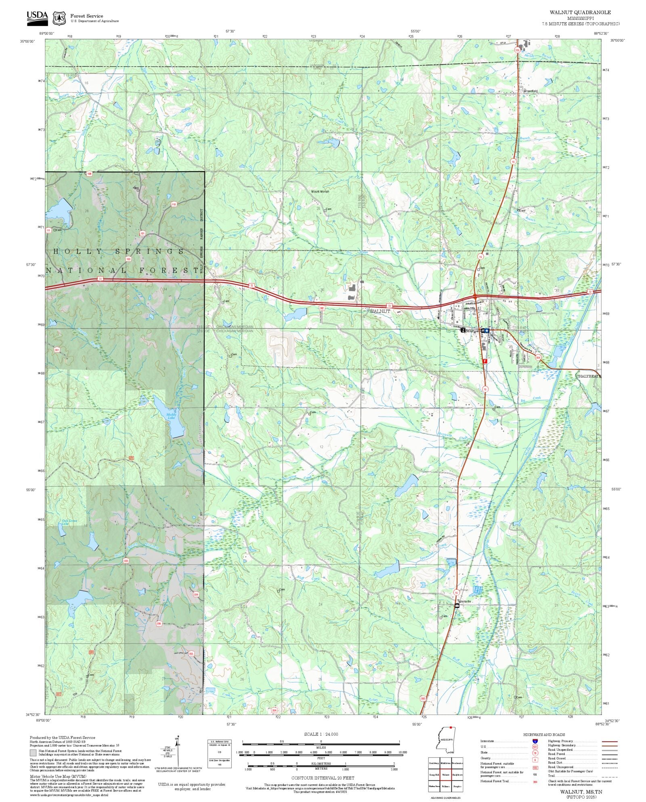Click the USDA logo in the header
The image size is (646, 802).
click(37, 18)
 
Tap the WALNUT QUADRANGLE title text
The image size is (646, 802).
click(580, 13)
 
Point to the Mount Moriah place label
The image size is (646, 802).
click(320, 191)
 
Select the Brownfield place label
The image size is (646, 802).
click(530, 91)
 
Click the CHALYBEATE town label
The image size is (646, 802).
click(588, 376)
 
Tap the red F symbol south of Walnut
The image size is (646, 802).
click(485, 361)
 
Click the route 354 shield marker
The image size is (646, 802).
click(538, 357)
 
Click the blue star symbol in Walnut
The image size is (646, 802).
click(487, 330)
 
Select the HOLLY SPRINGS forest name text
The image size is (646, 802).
click(119, 251)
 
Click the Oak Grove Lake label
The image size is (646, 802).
click(69, 522)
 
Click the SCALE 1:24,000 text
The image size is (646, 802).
click(321, 734)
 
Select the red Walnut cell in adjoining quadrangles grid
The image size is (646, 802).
click(445, 775)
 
